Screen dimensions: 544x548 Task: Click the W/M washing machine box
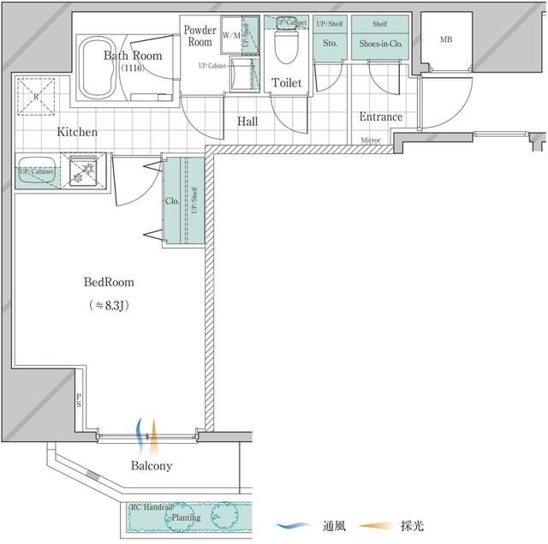(231, 36)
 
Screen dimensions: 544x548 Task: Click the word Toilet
(286, 82)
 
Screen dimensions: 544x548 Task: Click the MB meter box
(445, 40)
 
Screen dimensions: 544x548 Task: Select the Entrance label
(380, 117)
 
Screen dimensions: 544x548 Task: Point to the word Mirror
(371, 140)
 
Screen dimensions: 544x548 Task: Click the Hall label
(247, 122)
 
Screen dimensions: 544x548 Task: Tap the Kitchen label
(77, 132)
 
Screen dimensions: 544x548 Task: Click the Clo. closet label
(171, 201)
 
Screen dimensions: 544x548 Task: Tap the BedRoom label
(109, 281)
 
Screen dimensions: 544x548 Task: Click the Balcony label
(152, 466)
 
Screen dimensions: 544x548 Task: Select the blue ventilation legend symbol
(294, 525)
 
